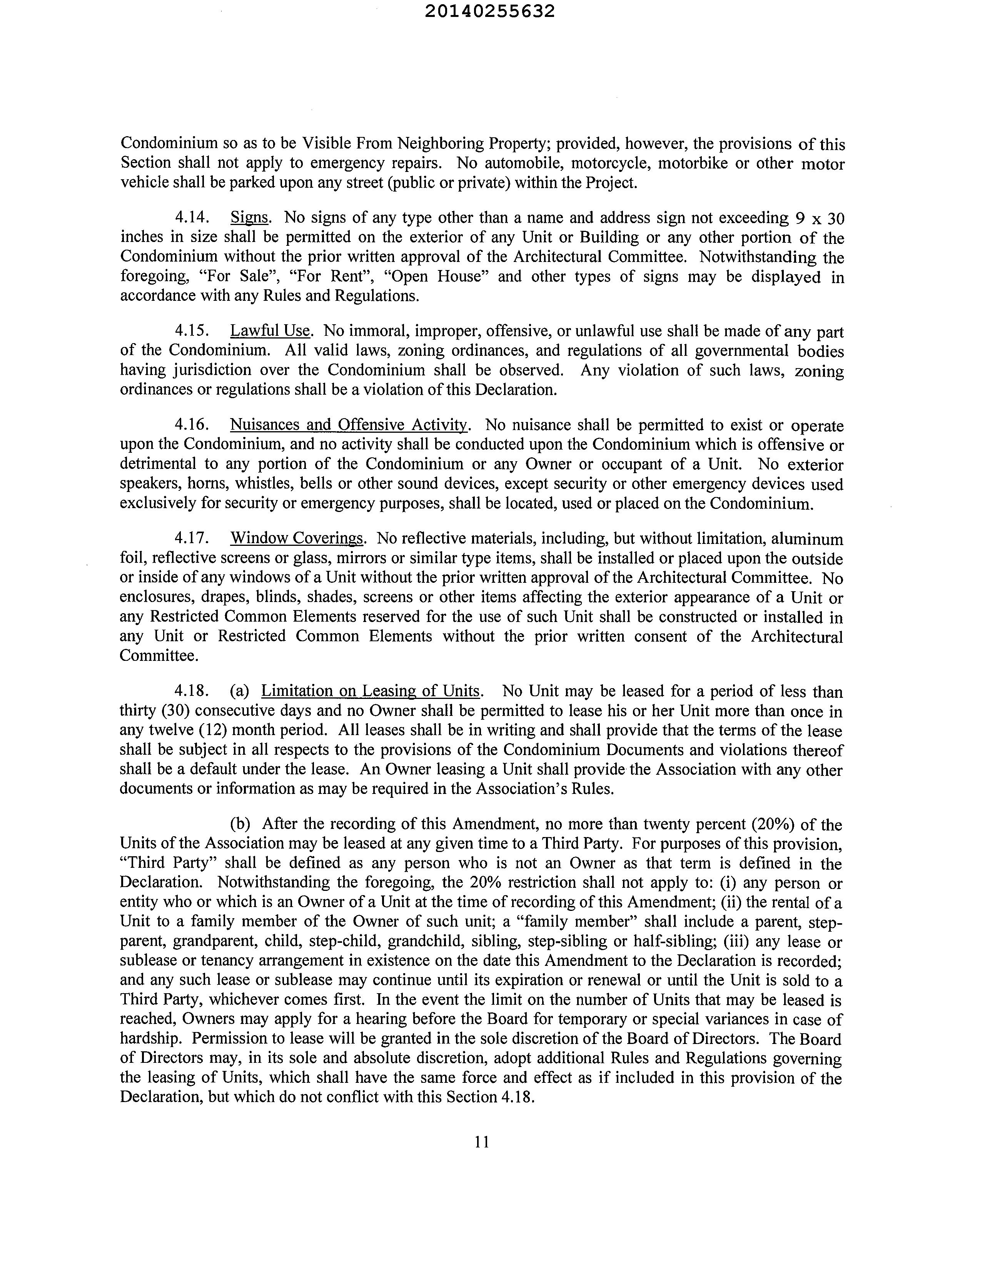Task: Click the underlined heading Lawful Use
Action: tap(270, 331)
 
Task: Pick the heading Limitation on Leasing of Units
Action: tap(371, 691)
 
